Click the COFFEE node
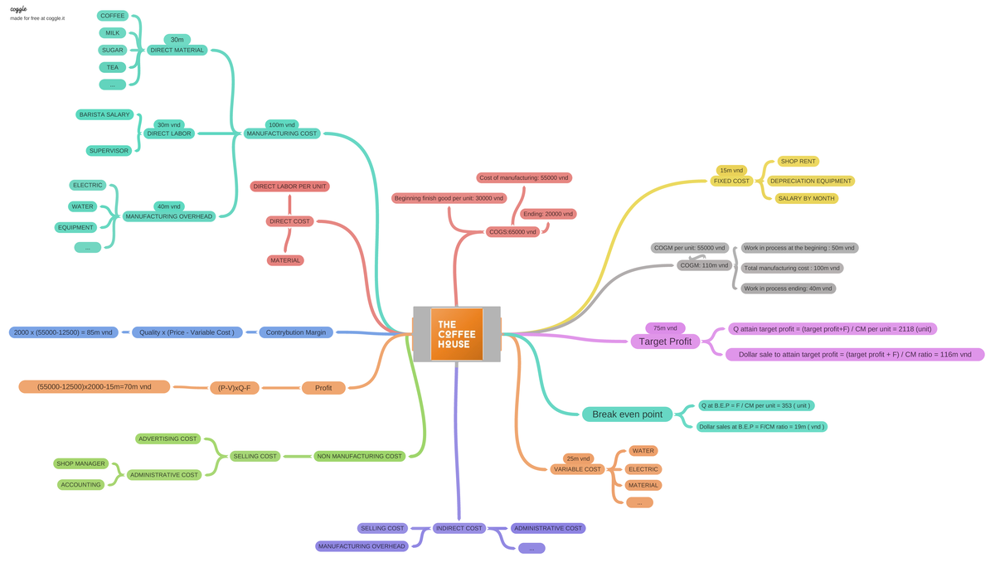click(113, 16)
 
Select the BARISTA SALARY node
click(104, 114)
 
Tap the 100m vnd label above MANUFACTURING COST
click(282, 124)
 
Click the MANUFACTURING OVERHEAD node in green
click(169, 216)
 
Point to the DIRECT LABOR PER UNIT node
click(290, 187)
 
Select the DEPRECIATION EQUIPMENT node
click(810, 181)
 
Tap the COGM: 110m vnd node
click(704, 265)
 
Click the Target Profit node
click(665, 341)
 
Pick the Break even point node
click(627, 414)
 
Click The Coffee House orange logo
click(457, 334)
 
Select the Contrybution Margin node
click(296, 332)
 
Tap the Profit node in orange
click(323, 388)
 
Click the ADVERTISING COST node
click(167, 439)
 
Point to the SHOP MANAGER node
click(80, 463)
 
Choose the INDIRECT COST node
click(459, 528)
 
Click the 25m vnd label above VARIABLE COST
click(578, 458)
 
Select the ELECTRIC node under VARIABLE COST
click(643, 469)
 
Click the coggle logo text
click(18, 9)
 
